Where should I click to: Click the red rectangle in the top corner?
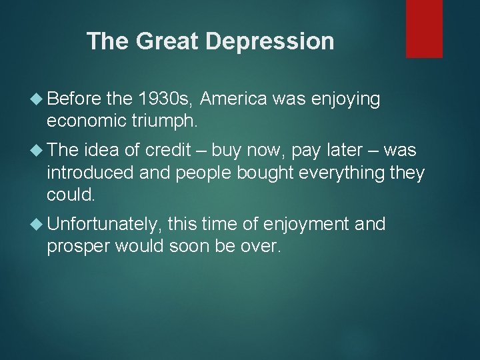point(424,29)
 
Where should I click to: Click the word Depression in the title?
point(270,41)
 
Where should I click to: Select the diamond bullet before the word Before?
point(37,100)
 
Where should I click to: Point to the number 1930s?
point(165,99)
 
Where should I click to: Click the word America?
point(233,99)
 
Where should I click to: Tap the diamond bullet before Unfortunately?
point(37,224)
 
